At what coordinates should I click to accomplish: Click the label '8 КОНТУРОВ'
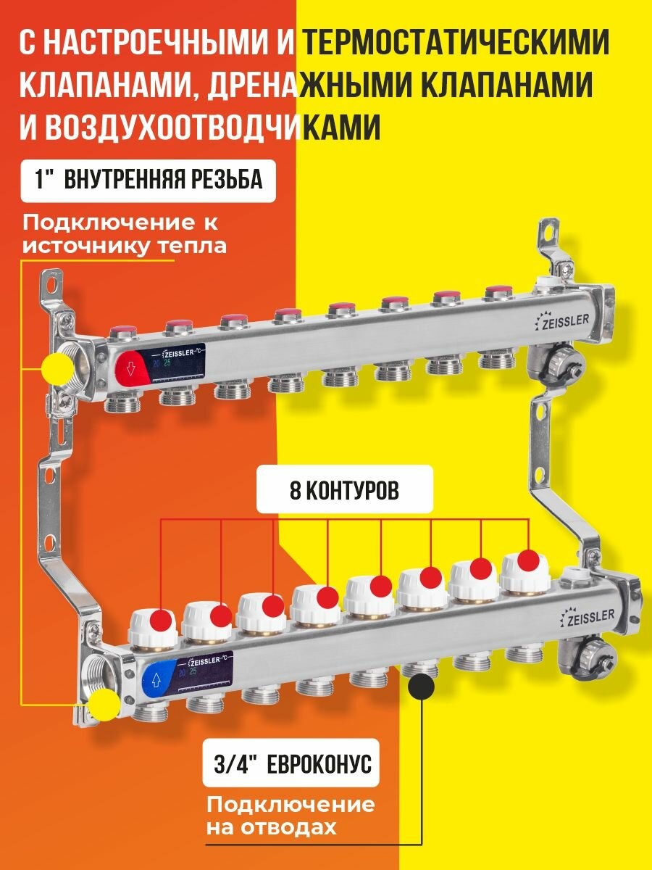click(344, 491)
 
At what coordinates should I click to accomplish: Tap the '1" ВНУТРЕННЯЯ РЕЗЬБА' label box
click(149, 180)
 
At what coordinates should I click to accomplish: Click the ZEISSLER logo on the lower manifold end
click(588, 616)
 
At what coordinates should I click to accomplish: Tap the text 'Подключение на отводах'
click(290, 816)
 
